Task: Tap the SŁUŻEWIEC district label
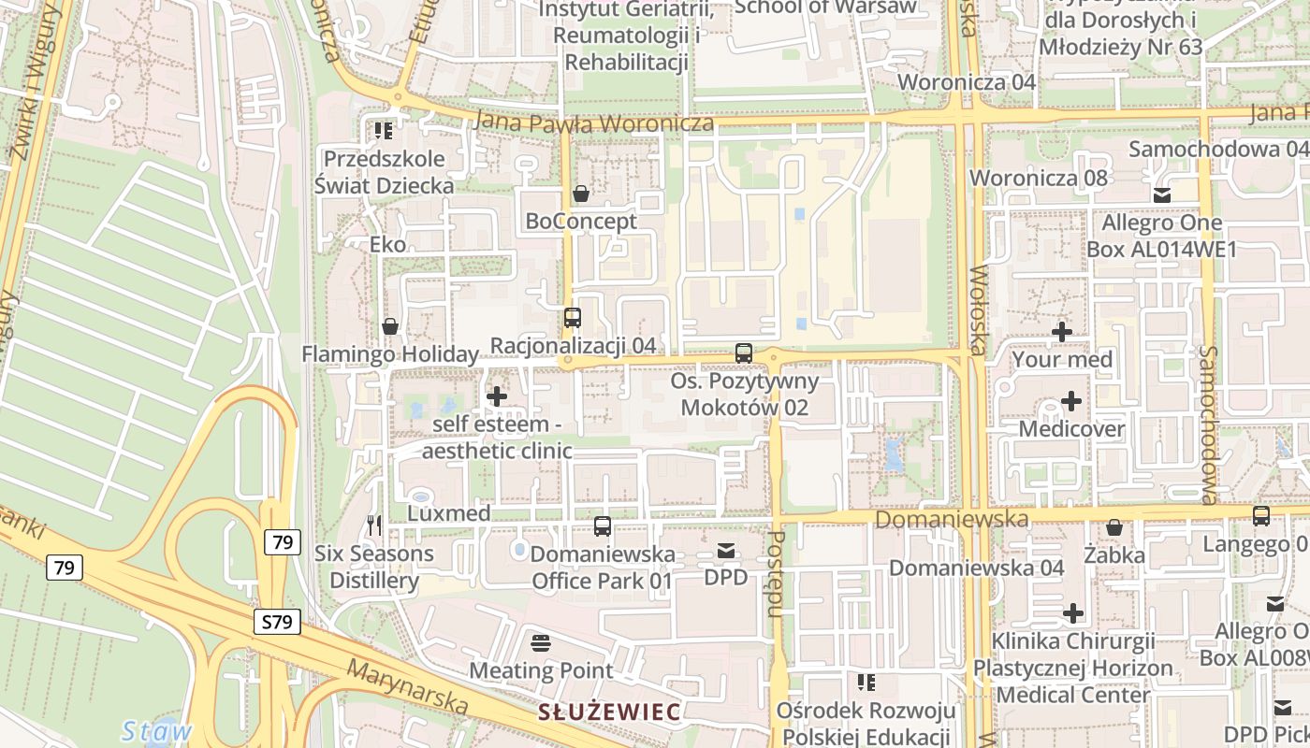(x=608, y=712)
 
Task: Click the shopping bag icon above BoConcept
(x=581, y=194)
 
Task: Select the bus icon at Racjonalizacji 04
(x=573, y=318)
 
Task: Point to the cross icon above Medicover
(x=1071, y=402)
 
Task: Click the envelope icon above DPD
(x=726, y=551)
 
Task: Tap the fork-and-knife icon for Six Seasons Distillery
(x=374, y=525)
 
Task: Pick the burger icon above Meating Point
(x=541, y=643)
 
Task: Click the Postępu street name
(x=775, y=575)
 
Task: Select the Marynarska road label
(x=407, y=685)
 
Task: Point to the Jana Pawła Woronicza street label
(x=594, y=122)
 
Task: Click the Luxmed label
(x=449, y=513)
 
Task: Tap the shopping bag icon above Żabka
(x=1114, y=528)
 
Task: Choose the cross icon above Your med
(x=1062, y=332)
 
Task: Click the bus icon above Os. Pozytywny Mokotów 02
(x=744, y=353)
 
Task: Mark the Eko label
(x=388, y=245)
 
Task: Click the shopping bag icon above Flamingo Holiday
(x=390, y=326)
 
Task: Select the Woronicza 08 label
(x=1039, y=178)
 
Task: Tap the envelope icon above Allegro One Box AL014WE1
(x=1162, y=195)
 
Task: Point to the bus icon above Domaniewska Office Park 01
(x=603, y=526)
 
